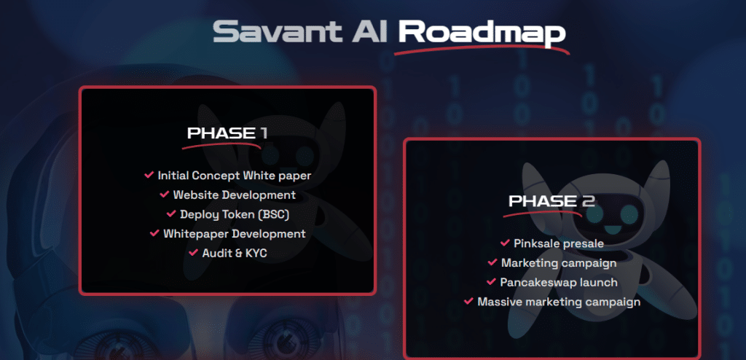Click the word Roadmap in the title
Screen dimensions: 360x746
[x=482, y=32]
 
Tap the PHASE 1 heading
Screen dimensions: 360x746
[x=227, y=133]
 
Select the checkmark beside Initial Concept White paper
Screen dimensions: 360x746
[x=149, y=176]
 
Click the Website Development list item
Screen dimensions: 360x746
[x=234, y=195]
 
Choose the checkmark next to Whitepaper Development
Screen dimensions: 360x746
[x=154, y=233]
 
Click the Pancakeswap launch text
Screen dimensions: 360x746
[x=559, y=282]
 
